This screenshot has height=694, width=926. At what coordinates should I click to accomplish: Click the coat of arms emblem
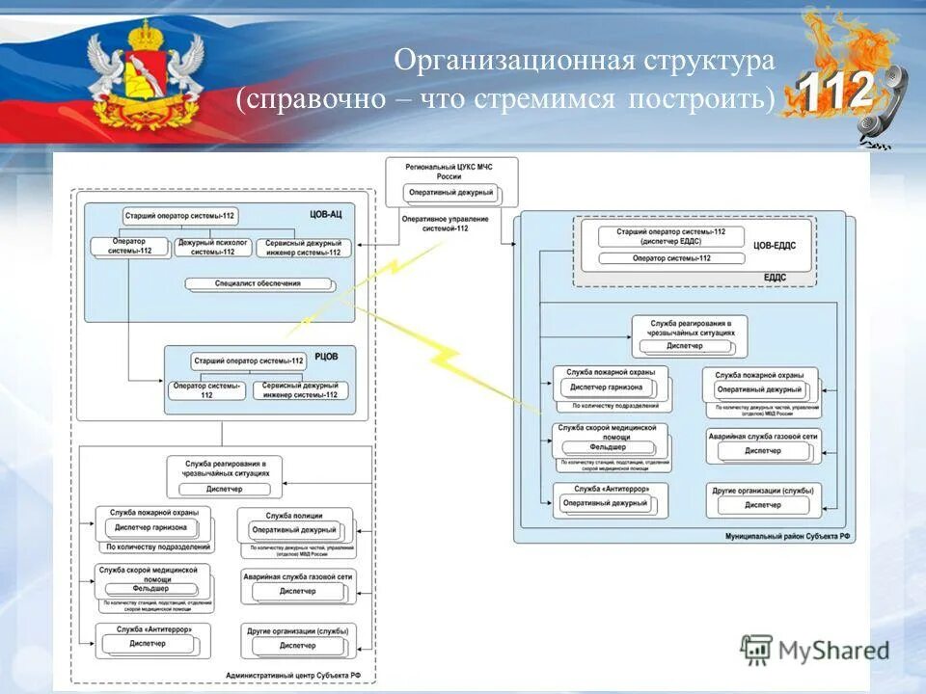(x=145, y=77)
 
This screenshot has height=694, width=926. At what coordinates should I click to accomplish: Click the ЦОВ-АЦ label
(x=327, y=215)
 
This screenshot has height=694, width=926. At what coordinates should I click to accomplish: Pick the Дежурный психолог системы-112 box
(x=212, y=247)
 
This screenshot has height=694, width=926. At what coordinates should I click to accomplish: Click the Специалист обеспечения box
(x=258, y=283)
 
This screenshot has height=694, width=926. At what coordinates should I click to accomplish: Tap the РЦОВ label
(x=328, y=356)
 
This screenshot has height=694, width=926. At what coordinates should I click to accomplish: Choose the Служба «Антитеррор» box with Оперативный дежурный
(x=605, y=497)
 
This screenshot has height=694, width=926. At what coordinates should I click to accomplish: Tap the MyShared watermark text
(x=834, y=650)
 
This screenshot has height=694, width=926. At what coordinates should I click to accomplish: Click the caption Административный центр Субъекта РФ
(x=293, y=676)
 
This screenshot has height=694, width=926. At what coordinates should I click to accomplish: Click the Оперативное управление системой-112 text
(x=446, y=224)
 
